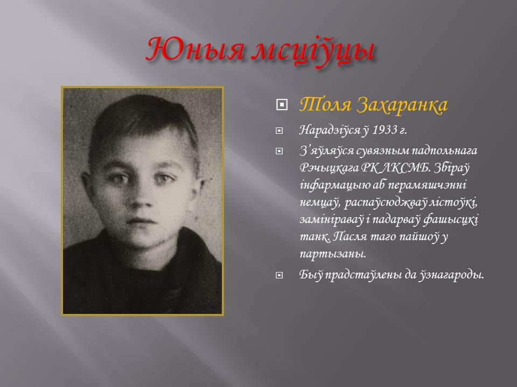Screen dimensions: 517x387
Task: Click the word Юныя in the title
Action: click(x=195, y=50)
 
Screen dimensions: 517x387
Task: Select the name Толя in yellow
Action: click(x=325, y=105)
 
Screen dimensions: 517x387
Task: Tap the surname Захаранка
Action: click(x=402, y=105)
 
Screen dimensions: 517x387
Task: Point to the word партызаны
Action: click(x=333, y=254)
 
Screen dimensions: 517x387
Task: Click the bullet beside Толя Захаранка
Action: click(x=282, y=105)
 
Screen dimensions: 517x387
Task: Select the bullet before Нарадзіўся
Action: click(x=280, y=131)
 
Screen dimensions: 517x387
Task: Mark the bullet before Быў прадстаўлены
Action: click(x=280, y=275)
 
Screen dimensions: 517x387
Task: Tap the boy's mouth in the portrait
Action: click(x=140, y=220)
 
